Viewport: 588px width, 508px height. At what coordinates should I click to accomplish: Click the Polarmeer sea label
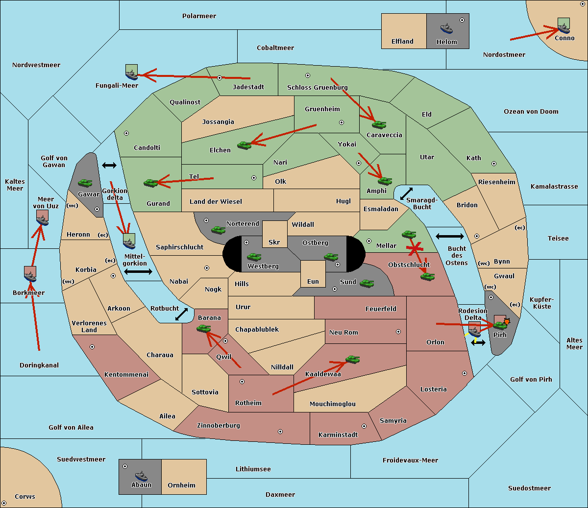tap(199, 16)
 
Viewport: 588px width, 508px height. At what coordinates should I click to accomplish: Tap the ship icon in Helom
tap(446, 28)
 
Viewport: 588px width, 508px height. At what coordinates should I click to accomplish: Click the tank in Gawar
tap(85, 183)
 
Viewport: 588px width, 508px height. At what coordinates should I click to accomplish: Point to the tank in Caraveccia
tap(379, 125)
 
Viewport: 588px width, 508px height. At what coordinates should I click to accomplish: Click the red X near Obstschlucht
tap(415, 249)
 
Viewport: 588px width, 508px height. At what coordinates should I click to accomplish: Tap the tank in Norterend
tap(218, 230)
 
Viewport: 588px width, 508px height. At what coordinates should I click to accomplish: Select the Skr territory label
tap(274, 242)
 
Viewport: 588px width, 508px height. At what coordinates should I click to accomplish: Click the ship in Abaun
tap(141, 476)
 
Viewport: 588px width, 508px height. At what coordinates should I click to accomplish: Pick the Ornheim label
tap(181, 485)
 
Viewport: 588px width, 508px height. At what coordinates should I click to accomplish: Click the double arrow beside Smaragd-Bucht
tap(407, 194)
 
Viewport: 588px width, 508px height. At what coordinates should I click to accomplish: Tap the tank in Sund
tap(367, 283)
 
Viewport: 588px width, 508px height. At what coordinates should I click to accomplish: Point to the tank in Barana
tap(203, 329)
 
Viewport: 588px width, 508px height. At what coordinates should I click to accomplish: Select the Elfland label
tap(402, 42)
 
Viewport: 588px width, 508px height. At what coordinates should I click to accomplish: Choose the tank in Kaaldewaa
tap(352, 360)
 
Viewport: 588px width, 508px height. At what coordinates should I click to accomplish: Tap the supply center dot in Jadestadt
tap(220, 78)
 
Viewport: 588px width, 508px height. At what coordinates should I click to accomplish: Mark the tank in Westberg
tap(254, 257)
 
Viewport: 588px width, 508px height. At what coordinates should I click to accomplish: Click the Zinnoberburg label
tap(219, 425)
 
